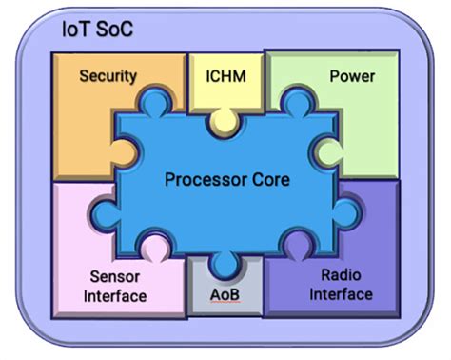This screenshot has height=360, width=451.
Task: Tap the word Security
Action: point(108,75)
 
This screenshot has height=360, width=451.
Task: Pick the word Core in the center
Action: point(268,178)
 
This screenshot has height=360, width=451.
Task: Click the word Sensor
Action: point(113,276)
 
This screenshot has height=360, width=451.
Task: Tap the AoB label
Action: point(225,292)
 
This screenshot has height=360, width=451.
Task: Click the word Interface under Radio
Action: point(341,293)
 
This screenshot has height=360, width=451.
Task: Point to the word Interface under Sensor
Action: point(113,295)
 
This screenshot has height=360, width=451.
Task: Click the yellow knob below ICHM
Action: point(225,119)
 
